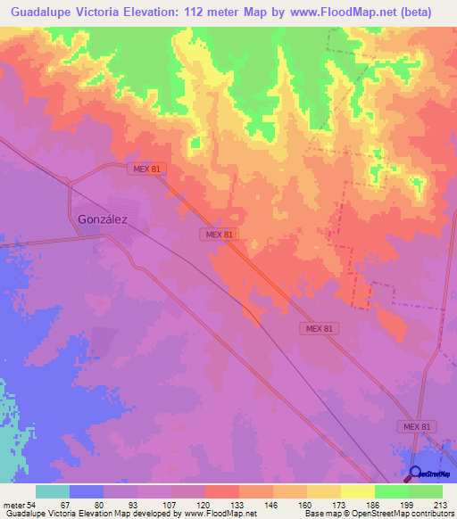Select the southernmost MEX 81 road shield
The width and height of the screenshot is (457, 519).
416,427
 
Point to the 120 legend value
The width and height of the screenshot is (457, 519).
204,506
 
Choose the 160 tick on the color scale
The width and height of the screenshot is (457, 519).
305,506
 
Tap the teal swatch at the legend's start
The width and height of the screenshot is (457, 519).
53,492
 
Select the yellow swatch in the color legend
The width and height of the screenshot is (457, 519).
357,492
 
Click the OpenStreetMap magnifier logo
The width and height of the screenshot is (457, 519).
414,473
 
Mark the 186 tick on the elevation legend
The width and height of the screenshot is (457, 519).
373,506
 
